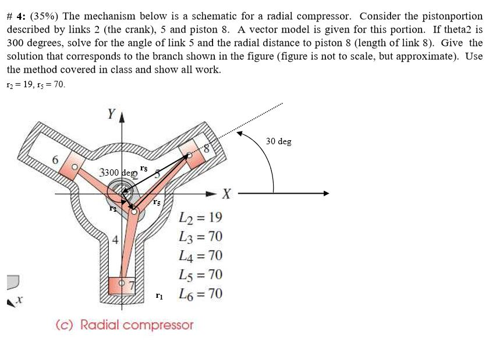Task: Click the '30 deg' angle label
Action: coord(278,141)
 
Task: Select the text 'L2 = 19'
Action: coord(201,218)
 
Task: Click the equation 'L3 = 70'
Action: coord(201,237)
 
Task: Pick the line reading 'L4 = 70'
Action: coord(201,256)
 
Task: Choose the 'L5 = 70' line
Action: coord(201,275)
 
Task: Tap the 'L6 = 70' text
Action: coord(201,294)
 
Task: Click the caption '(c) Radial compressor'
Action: coord(124,325)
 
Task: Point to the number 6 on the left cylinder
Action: coord(55,159)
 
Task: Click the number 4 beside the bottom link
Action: coord(115,239)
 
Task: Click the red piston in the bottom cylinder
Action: coord(122,285)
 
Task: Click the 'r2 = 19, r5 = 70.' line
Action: coord(36,84)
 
